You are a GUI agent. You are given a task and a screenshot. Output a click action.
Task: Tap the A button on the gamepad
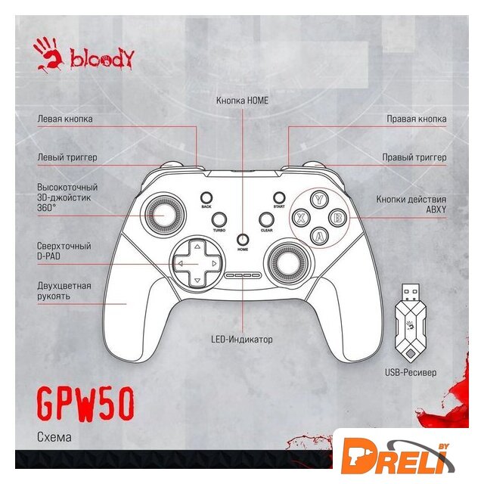coord(320,235)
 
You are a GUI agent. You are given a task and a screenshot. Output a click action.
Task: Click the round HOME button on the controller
coord(243,237)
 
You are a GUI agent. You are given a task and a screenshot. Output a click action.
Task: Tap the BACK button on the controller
coord(206,196)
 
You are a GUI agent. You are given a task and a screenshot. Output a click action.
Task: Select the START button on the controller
coord(279,196)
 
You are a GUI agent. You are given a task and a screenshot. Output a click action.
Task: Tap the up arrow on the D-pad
coord(196,247)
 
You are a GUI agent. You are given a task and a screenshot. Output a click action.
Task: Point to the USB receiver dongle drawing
coord(410,323)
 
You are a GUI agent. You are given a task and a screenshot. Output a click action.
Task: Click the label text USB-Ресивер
coord(410,373)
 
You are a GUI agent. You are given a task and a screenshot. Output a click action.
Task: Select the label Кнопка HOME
coord(242,100)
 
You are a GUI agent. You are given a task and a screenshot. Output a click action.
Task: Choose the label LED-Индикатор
coord(242,340)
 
